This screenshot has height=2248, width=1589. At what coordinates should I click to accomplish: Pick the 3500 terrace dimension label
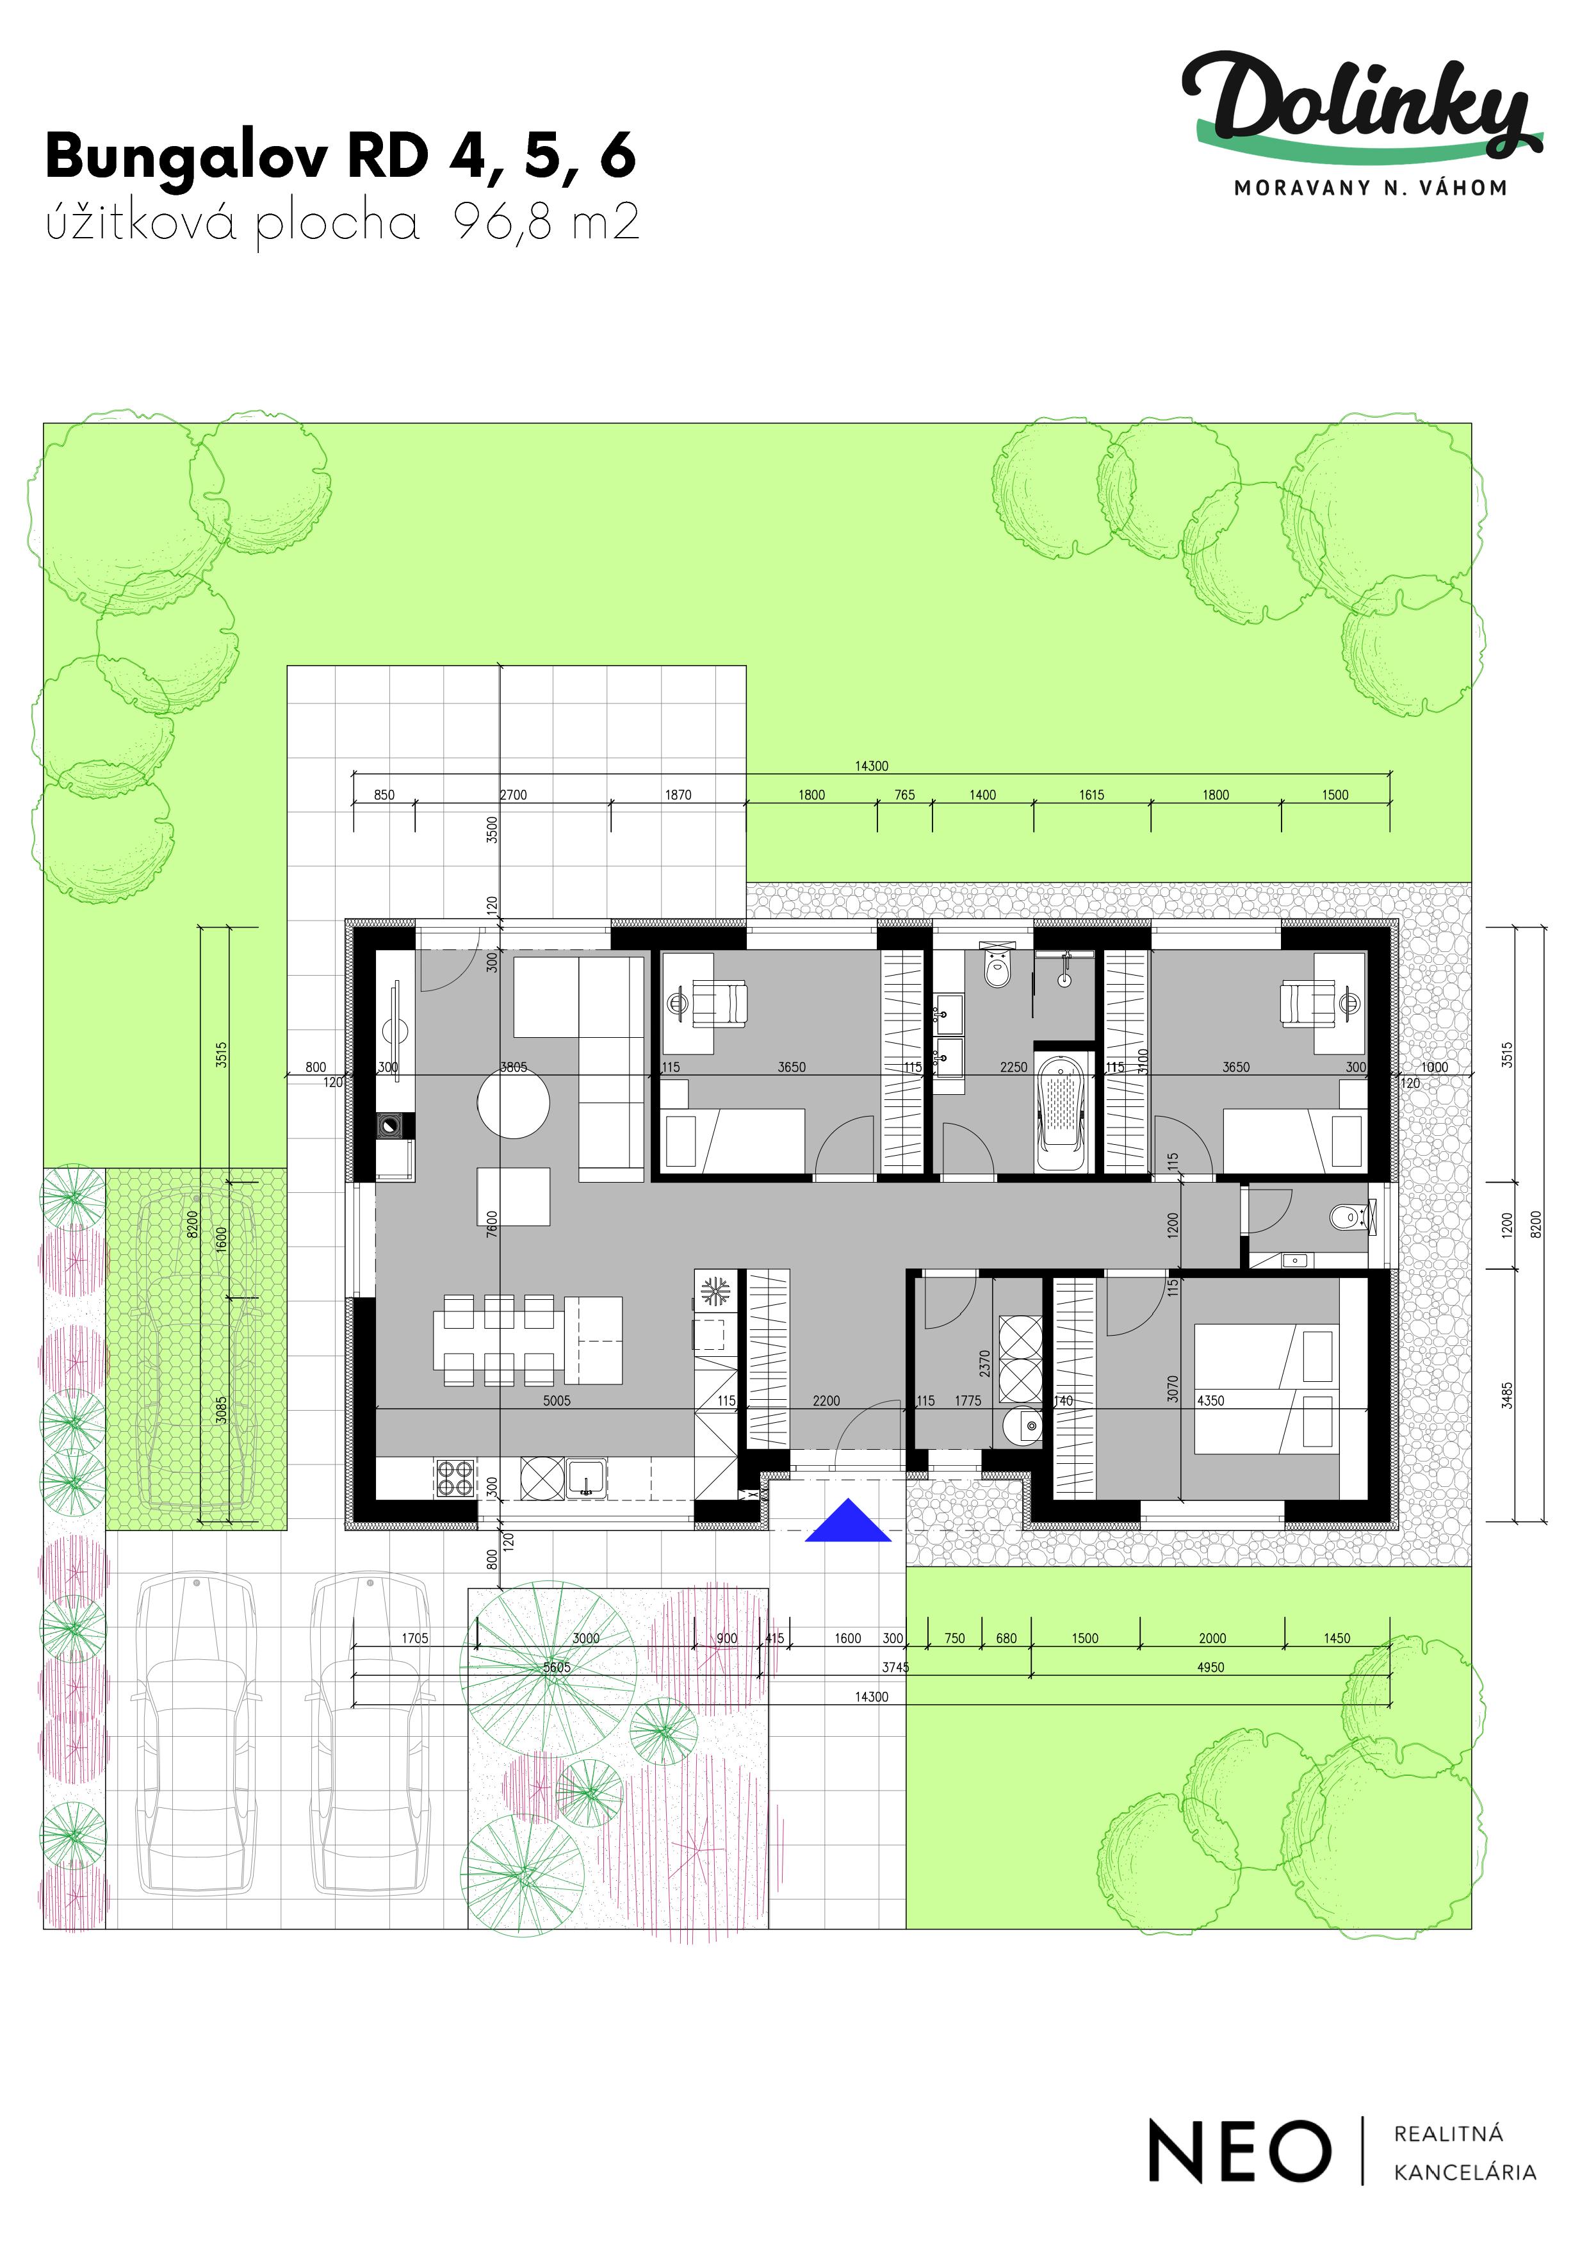pyautogui.click(x=493, y=829)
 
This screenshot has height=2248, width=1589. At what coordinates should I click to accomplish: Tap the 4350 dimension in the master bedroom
pyautogui.click(x=1211, y=1401)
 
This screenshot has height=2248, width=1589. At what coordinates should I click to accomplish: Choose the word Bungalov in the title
pyautogui.click(x=186, y=157)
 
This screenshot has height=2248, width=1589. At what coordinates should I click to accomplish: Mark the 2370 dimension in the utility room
pyautogui.click(x=985, y=1364)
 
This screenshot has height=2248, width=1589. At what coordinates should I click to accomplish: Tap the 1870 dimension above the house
pyautogui.click(x=678, y=795)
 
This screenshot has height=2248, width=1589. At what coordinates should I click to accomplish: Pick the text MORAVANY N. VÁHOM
pyautogui.click(x=1370, y=188)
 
